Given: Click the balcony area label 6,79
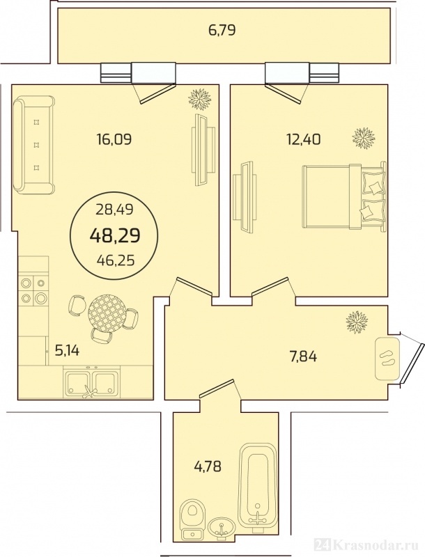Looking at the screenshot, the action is pyautogui.click(x=222, y=31).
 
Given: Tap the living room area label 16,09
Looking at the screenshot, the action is pyautogui.click(x=114, y=139).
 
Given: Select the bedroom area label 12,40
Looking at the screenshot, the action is pyautogui.click(x=304, y=139).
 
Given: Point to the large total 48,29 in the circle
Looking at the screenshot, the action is pyautogui.click(x=115, y=235).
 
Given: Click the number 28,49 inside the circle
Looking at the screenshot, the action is pyautogui.click(x=115, y=210).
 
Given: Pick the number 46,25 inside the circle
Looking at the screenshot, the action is pyautogui.click(x=116, y=261).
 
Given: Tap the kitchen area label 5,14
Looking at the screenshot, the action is pyautogui.click(x=67, y=351).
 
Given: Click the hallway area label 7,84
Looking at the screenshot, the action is pyautogui.click(x=304, y=356).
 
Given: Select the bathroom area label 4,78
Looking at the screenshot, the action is pyautogui.click(x=208, y=466).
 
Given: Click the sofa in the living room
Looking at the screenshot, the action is pyautogui.click(x=33, y=146).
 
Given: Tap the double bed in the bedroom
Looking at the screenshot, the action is pyautogui.click(x=344, y=196).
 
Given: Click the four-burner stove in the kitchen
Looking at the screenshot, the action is pyautogui.click(x=33, y=290).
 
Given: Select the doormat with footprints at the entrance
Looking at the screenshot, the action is pyautogui.click(x=387, y=358).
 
